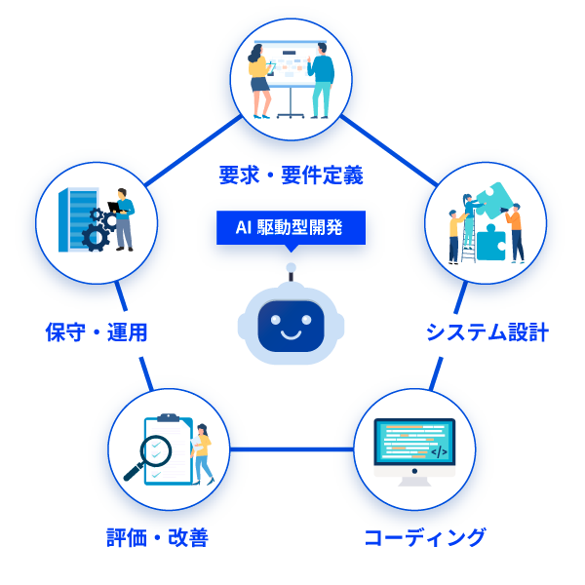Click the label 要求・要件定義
pos(291,175)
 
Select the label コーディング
pos(424,537)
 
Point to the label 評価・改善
pos(157,538)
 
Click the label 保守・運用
pos(97,332)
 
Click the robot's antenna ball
pos(290,267)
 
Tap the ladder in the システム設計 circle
pos(470,239)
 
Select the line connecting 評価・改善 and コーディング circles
pos(290,449)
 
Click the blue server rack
pos(73,219)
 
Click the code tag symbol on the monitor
pos(439,451)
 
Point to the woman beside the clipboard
pos(202,452)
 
